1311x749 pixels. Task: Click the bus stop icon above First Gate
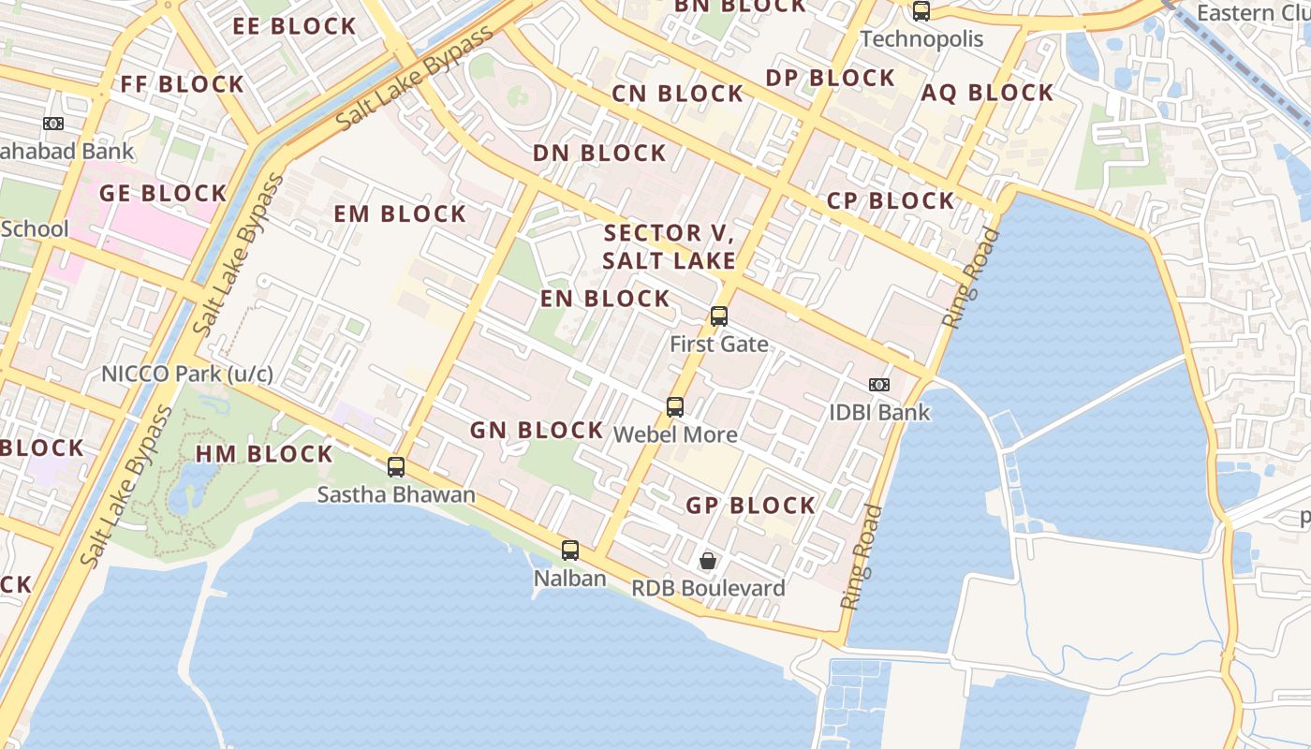point(719,316)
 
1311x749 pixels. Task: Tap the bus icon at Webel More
point(674,407)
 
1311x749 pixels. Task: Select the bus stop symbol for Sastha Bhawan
point(396,467)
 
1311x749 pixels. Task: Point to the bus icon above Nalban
point(569,551)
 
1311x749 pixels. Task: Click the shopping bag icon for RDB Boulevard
point(709,561)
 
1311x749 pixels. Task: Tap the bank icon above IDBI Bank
point(878,385)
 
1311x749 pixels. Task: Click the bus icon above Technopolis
point(921,11)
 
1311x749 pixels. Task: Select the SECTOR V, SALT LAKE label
point(670,247)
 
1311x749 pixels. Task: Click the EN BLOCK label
point(605,299)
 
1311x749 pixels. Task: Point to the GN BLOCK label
point(537,431)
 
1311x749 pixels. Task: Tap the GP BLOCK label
point(751,506)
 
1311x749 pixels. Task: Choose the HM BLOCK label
point(264,455)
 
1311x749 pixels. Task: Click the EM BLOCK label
point(400,214)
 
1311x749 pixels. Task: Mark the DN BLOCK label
point(599,154)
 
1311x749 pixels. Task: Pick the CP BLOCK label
point(891,201)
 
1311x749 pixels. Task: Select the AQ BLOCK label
point(987,93)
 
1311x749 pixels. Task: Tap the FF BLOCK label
point(183,84)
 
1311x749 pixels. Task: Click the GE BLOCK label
point(163,194)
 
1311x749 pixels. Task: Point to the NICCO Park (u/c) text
point(187,374)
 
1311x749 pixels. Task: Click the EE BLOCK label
point(295,26)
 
